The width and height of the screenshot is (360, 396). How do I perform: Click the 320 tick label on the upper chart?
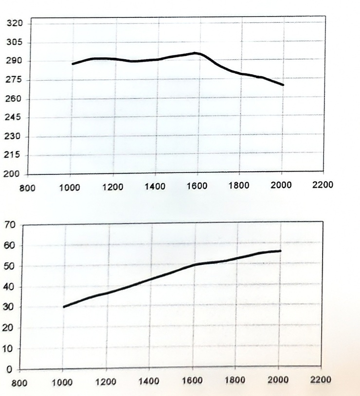tap(15, 23)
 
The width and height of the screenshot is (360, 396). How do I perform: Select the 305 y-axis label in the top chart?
tap(15, 42)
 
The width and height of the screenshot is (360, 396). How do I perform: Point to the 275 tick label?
tap(14, 80)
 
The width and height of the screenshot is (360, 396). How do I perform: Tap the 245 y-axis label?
tap(13, 118)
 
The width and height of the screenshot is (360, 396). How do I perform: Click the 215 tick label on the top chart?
tap(12, 155)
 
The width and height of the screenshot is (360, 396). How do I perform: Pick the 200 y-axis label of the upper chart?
tap(11, 174)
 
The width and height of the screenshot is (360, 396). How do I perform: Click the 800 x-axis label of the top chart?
tap(27, 188)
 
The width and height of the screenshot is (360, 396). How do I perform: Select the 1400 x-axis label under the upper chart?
tap(155, 187)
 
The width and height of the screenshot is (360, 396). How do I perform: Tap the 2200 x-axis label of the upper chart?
tap(323, 185)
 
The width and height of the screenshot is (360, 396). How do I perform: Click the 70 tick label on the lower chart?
tap(10, 224)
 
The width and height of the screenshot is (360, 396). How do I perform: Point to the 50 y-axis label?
tap(9, 266)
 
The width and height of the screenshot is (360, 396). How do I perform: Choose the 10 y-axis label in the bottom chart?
tap(7, 349)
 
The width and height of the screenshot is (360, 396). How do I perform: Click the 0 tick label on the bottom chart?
tap(9, 370)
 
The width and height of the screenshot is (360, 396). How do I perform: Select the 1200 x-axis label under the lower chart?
tap(106, 381)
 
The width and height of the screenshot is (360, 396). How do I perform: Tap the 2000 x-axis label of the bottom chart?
tap(278, 380)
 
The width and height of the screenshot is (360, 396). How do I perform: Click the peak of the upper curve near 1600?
tap(195, 53)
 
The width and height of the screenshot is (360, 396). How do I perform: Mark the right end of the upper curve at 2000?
tap(283, 85)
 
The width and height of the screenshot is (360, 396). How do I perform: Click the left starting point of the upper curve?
tap(73, 64)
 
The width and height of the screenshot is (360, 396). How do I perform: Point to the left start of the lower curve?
tap(64, 307)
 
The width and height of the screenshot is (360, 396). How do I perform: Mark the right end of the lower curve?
tap(280, 251)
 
